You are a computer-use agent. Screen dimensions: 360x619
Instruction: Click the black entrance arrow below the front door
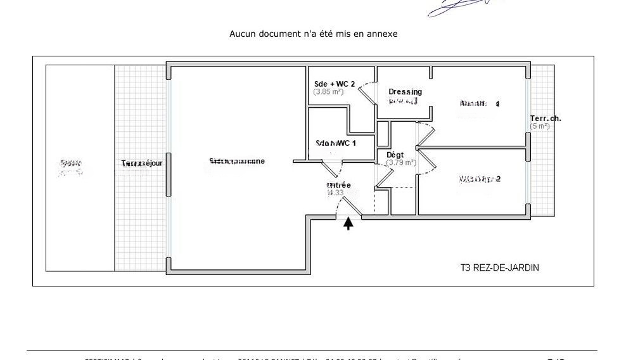tap(348, 223)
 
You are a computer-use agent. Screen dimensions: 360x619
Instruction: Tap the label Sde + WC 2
tap(335, 84)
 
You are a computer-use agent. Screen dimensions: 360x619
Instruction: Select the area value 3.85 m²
tap(328, 92)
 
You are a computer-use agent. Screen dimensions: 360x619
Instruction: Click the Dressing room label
tap(405, 92)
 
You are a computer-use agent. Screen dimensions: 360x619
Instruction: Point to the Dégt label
tap(395, 155)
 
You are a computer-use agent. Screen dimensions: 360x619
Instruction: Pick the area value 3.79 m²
tap(401, 163)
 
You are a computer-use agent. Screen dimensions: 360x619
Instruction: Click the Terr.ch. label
tap(546, 119)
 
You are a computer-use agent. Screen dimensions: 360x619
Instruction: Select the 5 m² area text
tap(540, 126)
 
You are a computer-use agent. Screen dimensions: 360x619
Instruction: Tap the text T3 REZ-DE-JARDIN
tap(499, 268)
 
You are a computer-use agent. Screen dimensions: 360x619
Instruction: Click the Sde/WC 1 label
tap(336, 143)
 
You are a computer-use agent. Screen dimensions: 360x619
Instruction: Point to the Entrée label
tap(338, 185)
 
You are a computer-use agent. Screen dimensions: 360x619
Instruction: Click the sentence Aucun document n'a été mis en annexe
tap(313, 34)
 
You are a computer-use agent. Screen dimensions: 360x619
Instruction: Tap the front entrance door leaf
tap(350, 204)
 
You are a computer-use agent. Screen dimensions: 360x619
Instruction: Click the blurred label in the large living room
tap(237, 161)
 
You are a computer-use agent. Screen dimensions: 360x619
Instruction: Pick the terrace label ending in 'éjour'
tap(142, 164)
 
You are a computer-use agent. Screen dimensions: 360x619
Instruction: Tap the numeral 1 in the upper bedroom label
tap(497, 104)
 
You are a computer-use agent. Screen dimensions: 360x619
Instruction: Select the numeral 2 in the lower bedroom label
tap(498, 179)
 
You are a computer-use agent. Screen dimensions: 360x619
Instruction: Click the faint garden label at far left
tap(70, 166)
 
